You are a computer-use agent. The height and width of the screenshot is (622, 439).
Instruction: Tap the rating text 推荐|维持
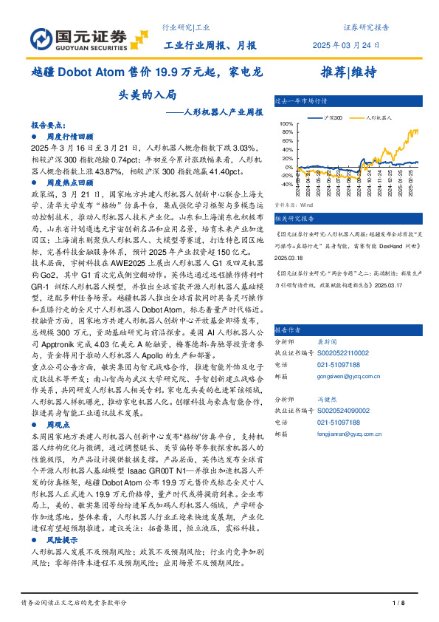pos(349,72)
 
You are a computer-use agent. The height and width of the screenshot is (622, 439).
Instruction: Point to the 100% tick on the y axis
pos(285,124)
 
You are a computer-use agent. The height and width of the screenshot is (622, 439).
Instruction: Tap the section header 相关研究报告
pos(294,219)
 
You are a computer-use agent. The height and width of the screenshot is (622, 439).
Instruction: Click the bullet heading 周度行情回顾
pos(70,137)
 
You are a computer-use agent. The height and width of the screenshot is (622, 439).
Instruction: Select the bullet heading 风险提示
pos(63,541)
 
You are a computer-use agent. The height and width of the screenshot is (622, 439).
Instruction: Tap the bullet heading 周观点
pos(58,426)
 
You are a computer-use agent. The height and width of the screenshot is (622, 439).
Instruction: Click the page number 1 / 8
pos(399,604)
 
